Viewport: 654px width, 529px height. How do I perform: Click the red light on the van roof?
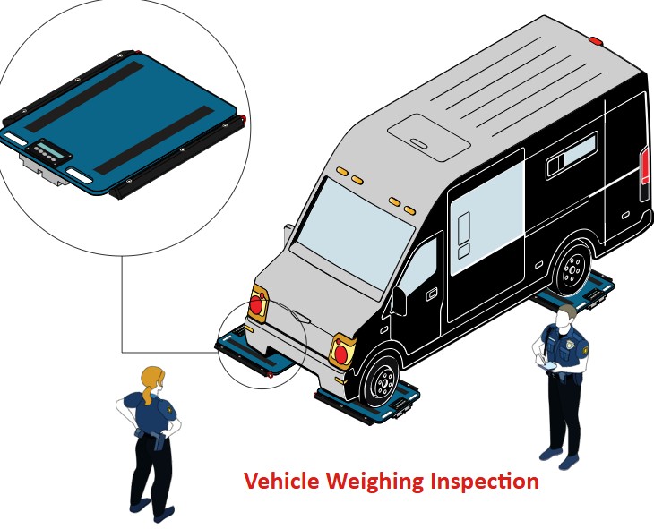(594, 40)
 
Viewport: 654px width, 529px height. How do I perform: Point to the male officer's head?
(566, 314)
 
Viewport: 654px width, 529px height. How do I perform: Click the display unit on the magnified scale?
(52, 153)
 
